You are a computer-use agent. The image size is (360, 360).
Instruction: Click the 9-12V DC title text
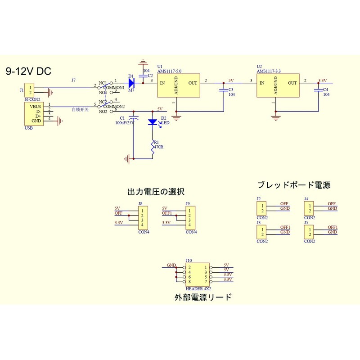28,71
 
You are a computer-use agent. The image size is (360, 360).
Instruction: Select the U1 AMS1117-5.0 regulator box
178,85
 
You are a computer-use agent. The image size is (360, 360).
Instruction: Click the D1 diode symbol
131,83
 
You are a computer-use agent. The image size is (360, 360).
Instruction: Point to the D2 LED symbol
153,122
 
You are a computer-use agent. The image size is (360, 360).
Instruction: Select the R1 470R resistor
153,148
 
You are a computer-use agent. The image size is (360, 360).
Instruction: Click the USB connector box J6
34,114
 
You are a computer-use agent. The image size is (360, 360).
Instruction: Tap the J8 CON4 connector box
142,217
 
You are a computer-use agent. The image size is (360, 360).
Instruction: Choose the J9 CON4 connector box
190,217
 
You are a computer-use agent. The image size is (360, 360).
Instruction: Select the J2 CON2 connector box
262,208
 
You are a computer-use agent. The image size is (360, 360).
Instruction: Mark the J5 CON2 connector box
310,232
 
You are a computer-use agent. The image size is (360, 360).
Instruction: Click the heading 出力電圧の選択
156,192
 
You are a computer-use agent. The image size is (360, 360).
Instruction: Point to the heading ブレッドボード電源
294,185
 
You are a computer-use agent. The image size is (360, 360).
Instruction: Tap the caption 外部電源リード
203,297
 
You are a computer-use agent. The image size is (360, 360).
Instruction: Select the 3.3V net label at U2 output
322,81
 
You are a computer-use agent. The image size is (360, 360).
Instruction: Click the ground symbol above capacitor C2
143,62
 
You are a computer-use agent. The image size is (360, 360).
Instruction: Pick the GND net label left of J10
171,265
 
